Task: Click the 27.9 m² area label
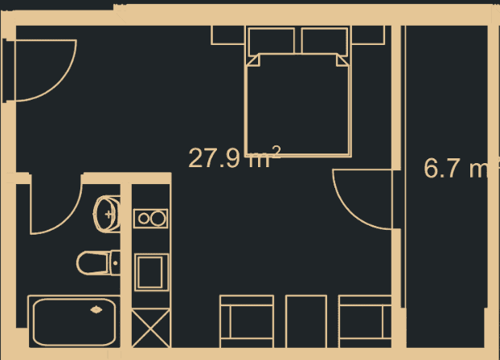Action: (235, 157)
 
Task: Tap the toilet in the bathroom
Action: (98, 263)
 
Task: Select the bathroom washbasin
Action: (107, 214)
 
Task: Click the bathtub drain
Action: (96, 309)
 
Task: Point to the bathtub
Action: (74, 321)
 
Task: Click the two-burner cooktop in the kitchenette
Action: (150, 219)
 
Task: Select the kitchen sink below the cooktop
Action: (151, 272)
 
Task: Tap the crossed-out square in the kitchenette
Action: (151, 328)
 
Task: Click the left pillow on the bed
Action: (272, 41)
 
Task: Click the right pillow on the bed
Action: (325, 41)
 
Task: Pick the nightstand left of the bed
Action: (227, 35)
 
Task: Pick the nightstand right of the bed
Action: (368, 35)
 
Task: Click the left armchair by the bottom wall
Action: (247, 321)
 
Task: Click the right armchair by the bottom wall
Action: (365, 321)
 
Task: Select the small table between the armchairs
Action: (306, 321)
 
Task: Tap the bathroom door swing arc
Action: (66, 219)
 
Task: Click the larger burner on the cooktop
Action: (158, 219)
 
